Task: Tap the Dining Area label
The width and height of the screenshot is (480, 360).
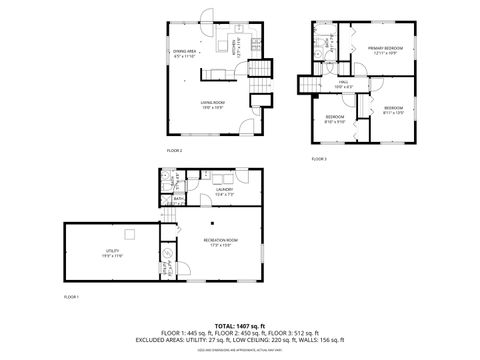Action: [x=185, y=54]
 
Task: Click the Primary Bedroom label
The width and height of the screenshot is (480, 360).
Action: [x=385, y=49]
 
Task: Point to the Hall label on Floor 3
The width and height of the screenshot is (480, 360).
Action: [x=343, y=84]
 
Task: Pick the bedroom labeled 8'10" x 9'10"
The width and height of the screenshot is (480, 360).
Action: [x=334, y=120]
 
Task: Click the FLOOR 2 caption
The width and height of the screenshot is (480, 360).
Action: [x=174, y=150]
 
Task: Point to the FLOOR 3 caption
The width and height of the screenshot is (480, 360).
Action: [x=318, y=159]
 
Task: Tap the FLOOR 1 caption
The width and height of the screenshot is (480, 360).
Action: [x=71, y=297]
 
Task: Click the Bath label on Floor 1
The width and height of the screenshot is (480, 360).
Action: [x=178, y=200]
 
